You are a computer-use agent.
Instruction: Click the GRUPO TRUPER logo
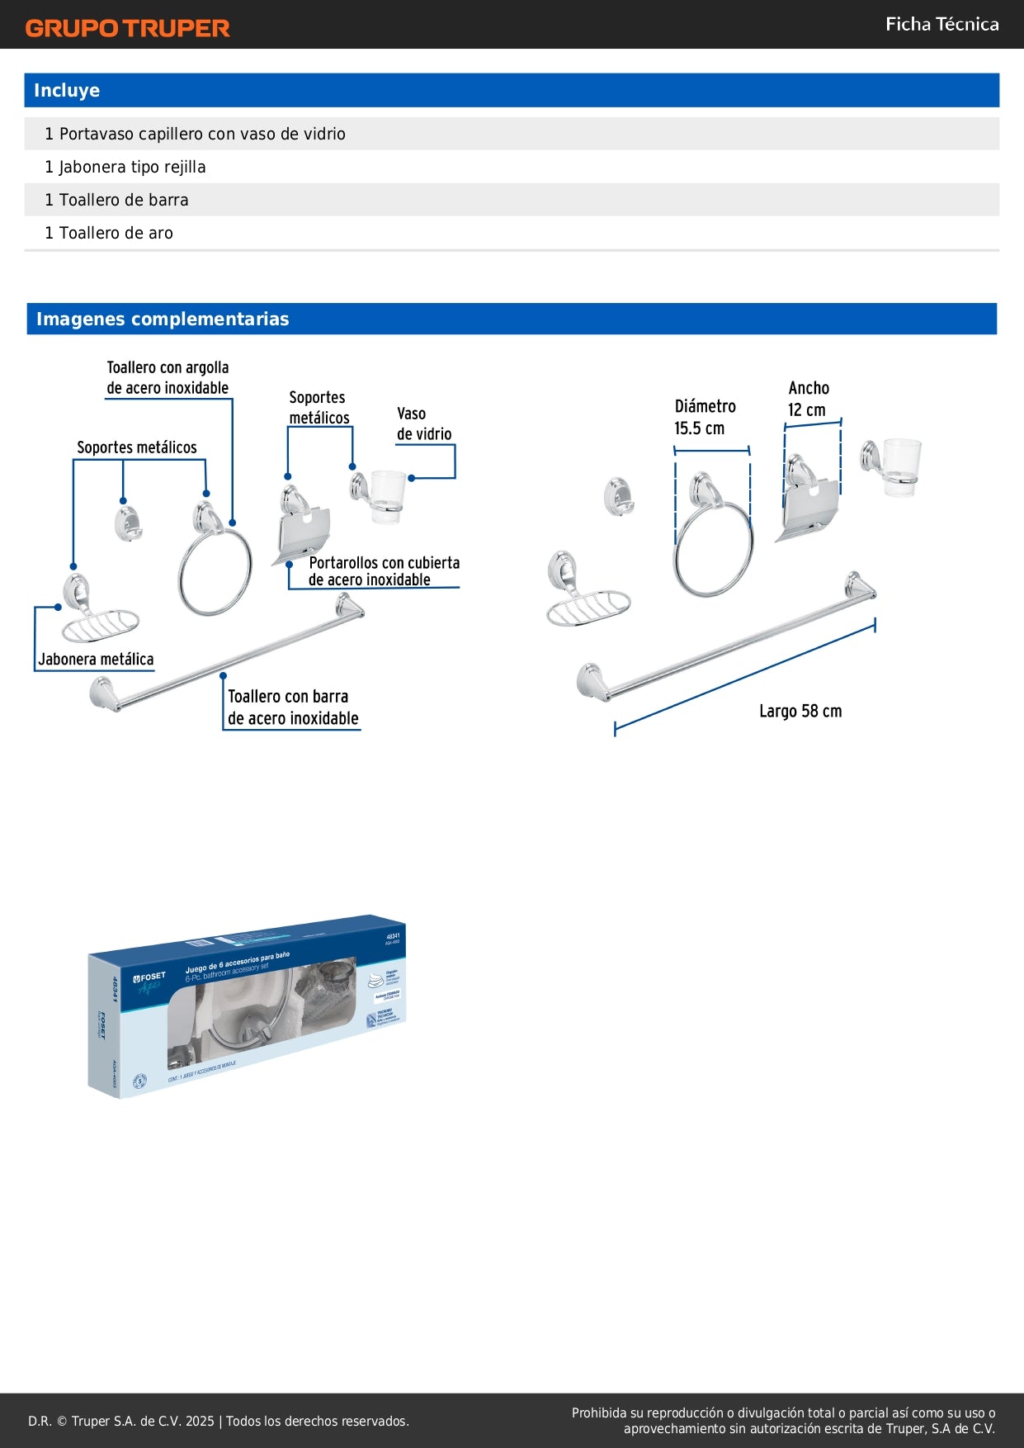click(x=127, y=28)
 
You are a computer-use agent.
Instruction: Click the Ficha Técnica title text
click(x=941, y=24)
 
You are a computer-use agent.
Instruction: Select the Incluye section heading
click(x=67, y=91)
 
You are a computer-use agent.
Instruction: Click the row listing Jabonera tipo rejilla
click(x=125, y=167)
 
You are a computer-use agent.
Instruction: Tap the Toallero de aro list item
click(x=109, y=233)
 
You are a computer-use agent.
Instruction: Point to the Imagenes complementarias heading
click(x=163, y=319)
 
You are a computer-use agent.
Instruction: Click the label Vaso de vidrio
click(x=424, y=424)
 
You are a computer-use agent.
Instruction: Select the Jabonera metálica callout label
click(x=96, y=659)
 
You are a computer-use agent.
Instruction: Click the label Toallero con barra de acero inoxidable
click(x=292, y=707)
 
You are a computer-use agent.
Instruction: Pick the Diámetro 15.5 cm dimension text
click(x=704, y=417)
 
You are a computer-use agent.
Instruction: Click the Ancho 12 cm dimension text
click(x=808, y=399)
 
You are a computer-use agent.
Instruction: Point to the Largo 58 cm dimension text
click(x=800, y=711)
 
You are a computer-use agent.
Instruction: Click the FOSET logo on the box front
click(x=150, y=977)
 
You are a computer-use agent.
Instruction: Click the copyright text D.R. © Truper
click(x=219, y=1421)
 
